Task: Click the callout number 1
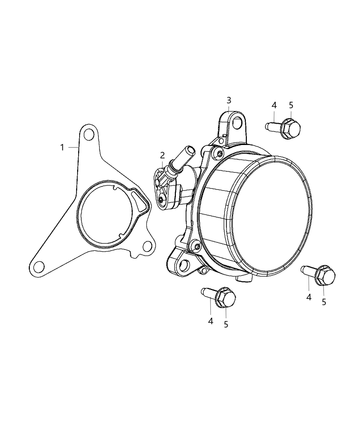pos(62,147)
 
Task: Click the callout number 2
pos(163,155)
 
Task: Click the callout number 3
pos(229,100)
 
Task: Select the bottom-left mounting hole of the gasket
pos(39,266)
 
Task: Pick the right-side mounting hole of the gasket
pos(147,245)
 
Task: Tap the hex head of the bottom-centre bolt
pos(228,298)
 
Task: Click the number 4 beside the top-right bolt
pos(274,106)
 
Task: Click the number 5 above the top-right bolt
pos(291,105)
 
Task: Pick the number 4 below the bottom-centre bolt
pos(211,321)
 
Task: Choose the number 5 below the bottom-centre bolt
pos(226,324)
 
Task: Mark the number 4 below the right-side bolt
pos(309,298)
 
